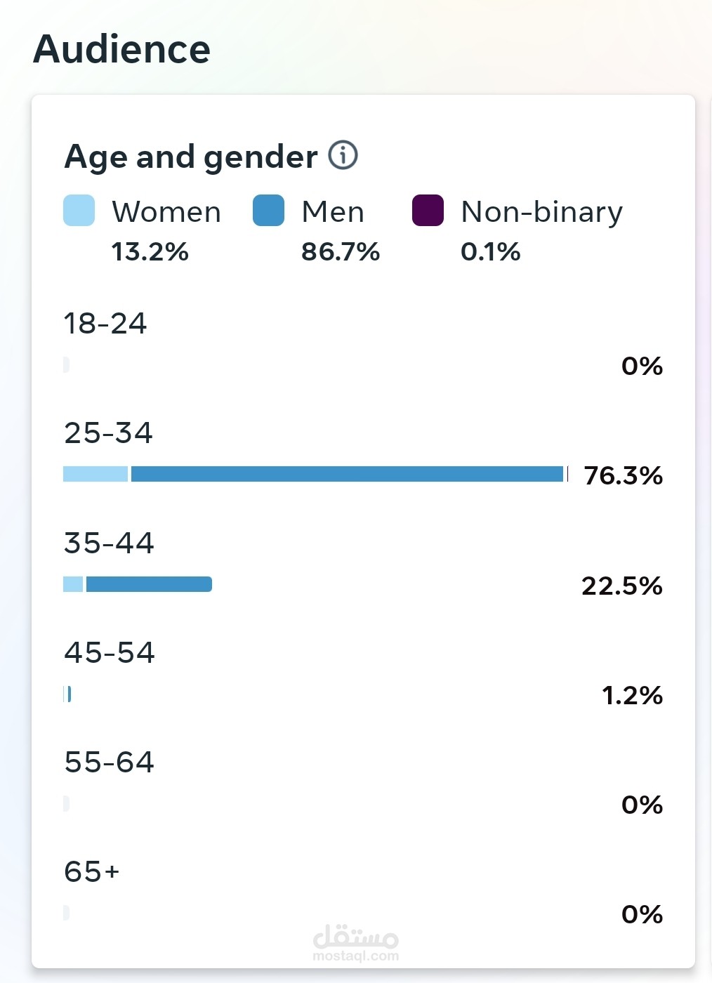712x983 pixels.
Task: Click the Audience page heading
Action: [121, 49]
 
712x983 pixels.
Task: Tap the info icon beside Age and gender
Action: [343, 155]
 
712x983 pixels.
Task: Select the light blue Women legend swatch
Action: [79, 211]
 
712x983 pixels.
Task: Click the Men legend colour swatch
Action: [268, 211]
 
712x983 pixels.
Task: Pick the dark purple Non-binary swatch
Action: [428, 211]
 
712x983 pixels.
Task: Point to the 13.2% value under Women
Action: [150, 251]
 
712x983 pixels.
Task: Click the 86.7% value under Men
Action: [341, 251]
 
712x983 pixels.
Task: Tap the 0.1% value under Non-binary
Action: [490, 251]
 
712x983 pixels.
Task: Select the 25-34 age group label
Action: [108, 433]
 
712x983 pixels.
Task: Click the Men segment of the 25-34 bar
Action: [347, 474]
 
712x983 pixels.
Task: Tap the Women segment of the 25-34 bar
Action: [95, 474]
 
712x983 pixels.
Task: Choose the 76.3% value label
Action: [623, 476]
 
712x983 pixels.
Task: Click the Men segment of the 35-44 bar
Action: [148, 584]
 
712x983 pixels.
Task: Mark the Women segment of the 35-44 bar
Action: [73, 584]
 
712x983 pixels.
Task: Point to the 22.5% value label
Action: [621, 586]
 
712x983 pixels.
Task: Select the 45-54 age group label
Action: [109, 653]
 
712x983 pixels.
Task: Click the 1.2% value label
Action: [632, 696]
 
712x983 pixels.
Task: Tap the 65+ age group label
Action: [91, 872]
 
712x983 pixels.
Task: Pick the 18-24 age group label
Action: [105, 324]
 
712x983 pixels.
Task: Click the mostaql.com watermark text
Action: [355, 956]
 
